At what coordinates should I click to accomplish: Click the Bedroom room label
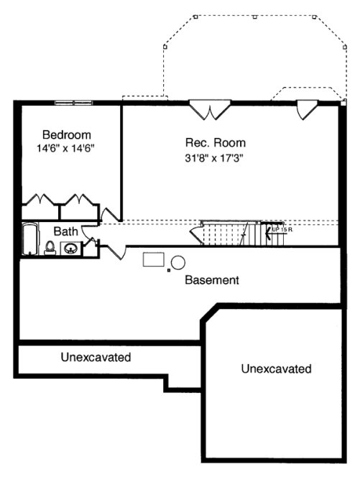pos(67,134)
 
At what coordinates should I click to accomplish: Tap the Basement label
pos(211,279)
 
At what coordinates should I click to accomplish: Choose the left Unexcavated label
pos(95,356)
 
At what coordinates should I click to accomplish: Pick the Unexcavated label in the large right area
pos(276,369)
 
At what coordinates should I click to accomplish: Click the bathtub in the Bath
pos(29,240)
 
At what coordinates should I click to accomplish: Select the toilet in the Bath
pos(50,247)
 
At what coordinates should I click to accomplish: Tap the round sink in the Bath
pos(71,249)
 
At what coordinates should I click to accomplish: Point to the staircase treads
pos(226,233)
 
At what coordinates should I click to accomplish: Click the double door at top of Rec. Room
pos(210,110)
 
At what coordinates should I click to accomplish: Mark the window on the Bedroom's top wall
pos(74,102)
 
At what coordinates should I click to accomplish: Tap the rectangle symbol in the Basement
pos(153,259)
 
